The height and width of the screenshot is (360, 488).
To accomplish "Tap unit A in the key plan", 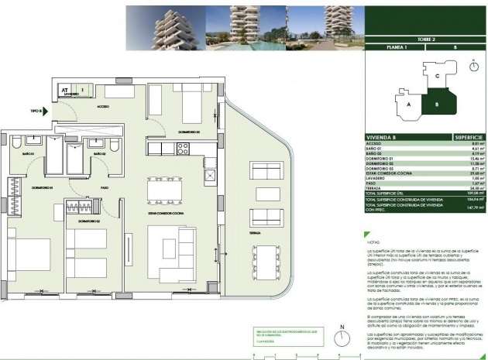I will click(407, 102).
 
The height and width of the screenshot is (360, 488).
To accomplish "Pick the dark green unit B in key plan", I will click(436, 102).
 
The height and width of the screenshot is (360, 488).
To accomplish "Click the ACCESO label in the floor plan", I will click(104, 107).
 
